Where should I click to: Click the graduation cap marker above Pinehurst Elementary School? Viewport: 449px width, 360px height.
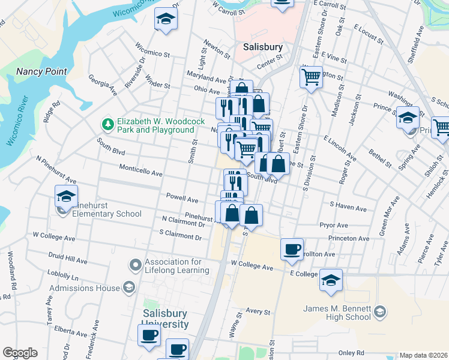(67, 196)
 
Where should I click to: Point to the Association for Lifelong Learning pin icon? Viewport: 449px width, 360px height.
(136, 264)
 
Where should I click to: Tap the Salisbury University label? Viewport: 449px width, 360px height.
(165, 319)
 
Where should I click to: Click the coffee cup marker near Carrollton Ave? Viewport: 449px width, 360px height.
(292, 249)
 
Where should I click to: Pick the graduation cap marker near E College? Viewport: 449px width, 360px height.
(331, 280)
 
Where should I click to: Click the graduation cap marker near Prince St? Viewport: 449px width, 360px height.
(408, 118)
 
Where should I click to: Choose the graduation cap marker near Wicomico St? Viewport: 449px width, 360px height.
(166, 19)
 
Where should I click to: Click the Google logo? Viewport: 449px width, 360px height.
(20, 353)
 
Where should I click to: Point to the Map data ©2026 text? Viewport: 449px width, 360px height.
(423, 355)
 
